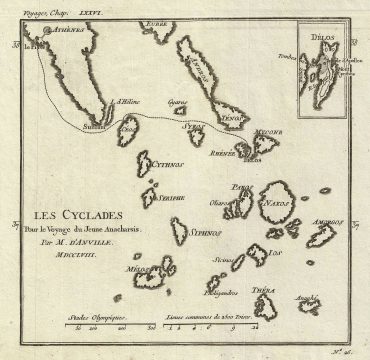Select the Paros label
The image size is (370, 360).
pyautogui.click(x=240, y=187)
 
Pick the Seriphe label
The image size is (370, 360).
pyautogui.click(x=174, y=198)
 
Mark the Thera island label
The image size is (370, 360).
pyautogui.click(x=264, y=291)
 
